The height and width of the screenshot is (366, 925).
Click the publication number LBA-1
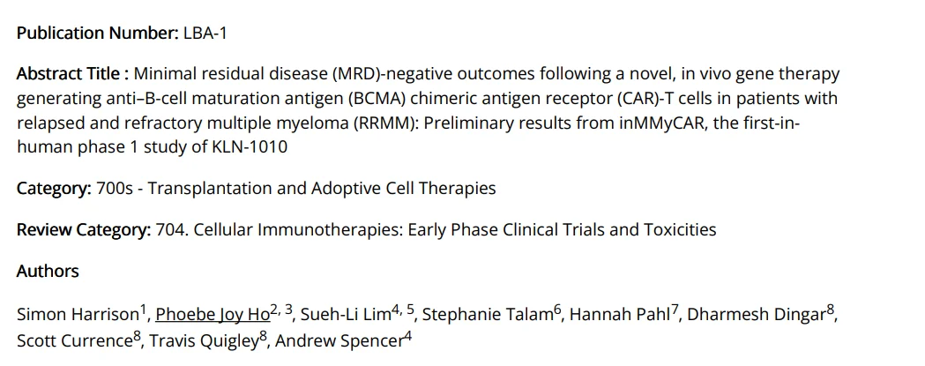[207, 33]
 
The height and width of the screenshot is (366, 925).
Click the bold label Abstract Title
[73, 74]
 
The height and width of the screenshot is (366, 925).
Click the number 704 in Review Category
[170, 230]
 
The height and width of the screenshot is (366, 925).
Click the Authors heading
[48, 272]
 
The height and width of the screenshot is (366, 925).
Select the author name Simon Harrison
[78, 314]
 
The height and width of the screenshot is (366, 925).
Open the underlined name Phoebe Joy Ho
[213, 314]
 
